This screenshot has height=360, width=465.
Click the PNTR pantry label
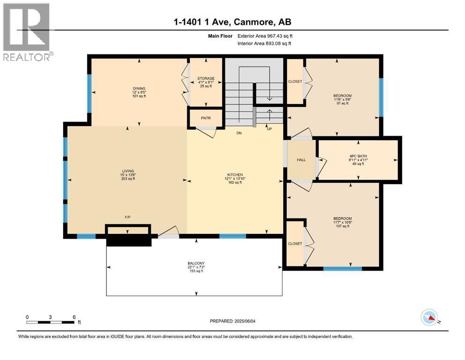[206, 118]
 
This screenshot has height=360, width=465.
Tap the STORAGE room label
[206, 78]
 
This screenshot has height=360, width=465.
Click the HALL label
[301, 160]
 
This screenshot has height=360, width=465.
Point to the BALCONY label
[196, 263]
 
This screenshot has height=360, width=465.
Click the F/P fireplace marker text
[127, 217]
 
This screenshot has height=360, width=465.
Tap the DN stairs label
[239, 133]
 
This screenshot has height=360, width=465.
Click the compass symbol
[429, 318]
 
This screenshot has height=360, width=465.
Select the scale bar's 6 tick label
[74, 317]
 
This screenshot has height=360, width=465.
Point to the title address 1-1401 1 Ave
[233, 22]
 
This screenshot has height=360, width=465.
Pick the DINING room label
[139, 88]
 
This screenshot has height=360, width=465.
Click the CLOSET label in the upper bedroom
[295, 82]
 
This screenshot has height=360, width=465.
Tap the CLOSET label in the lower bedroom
[295, 244]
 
